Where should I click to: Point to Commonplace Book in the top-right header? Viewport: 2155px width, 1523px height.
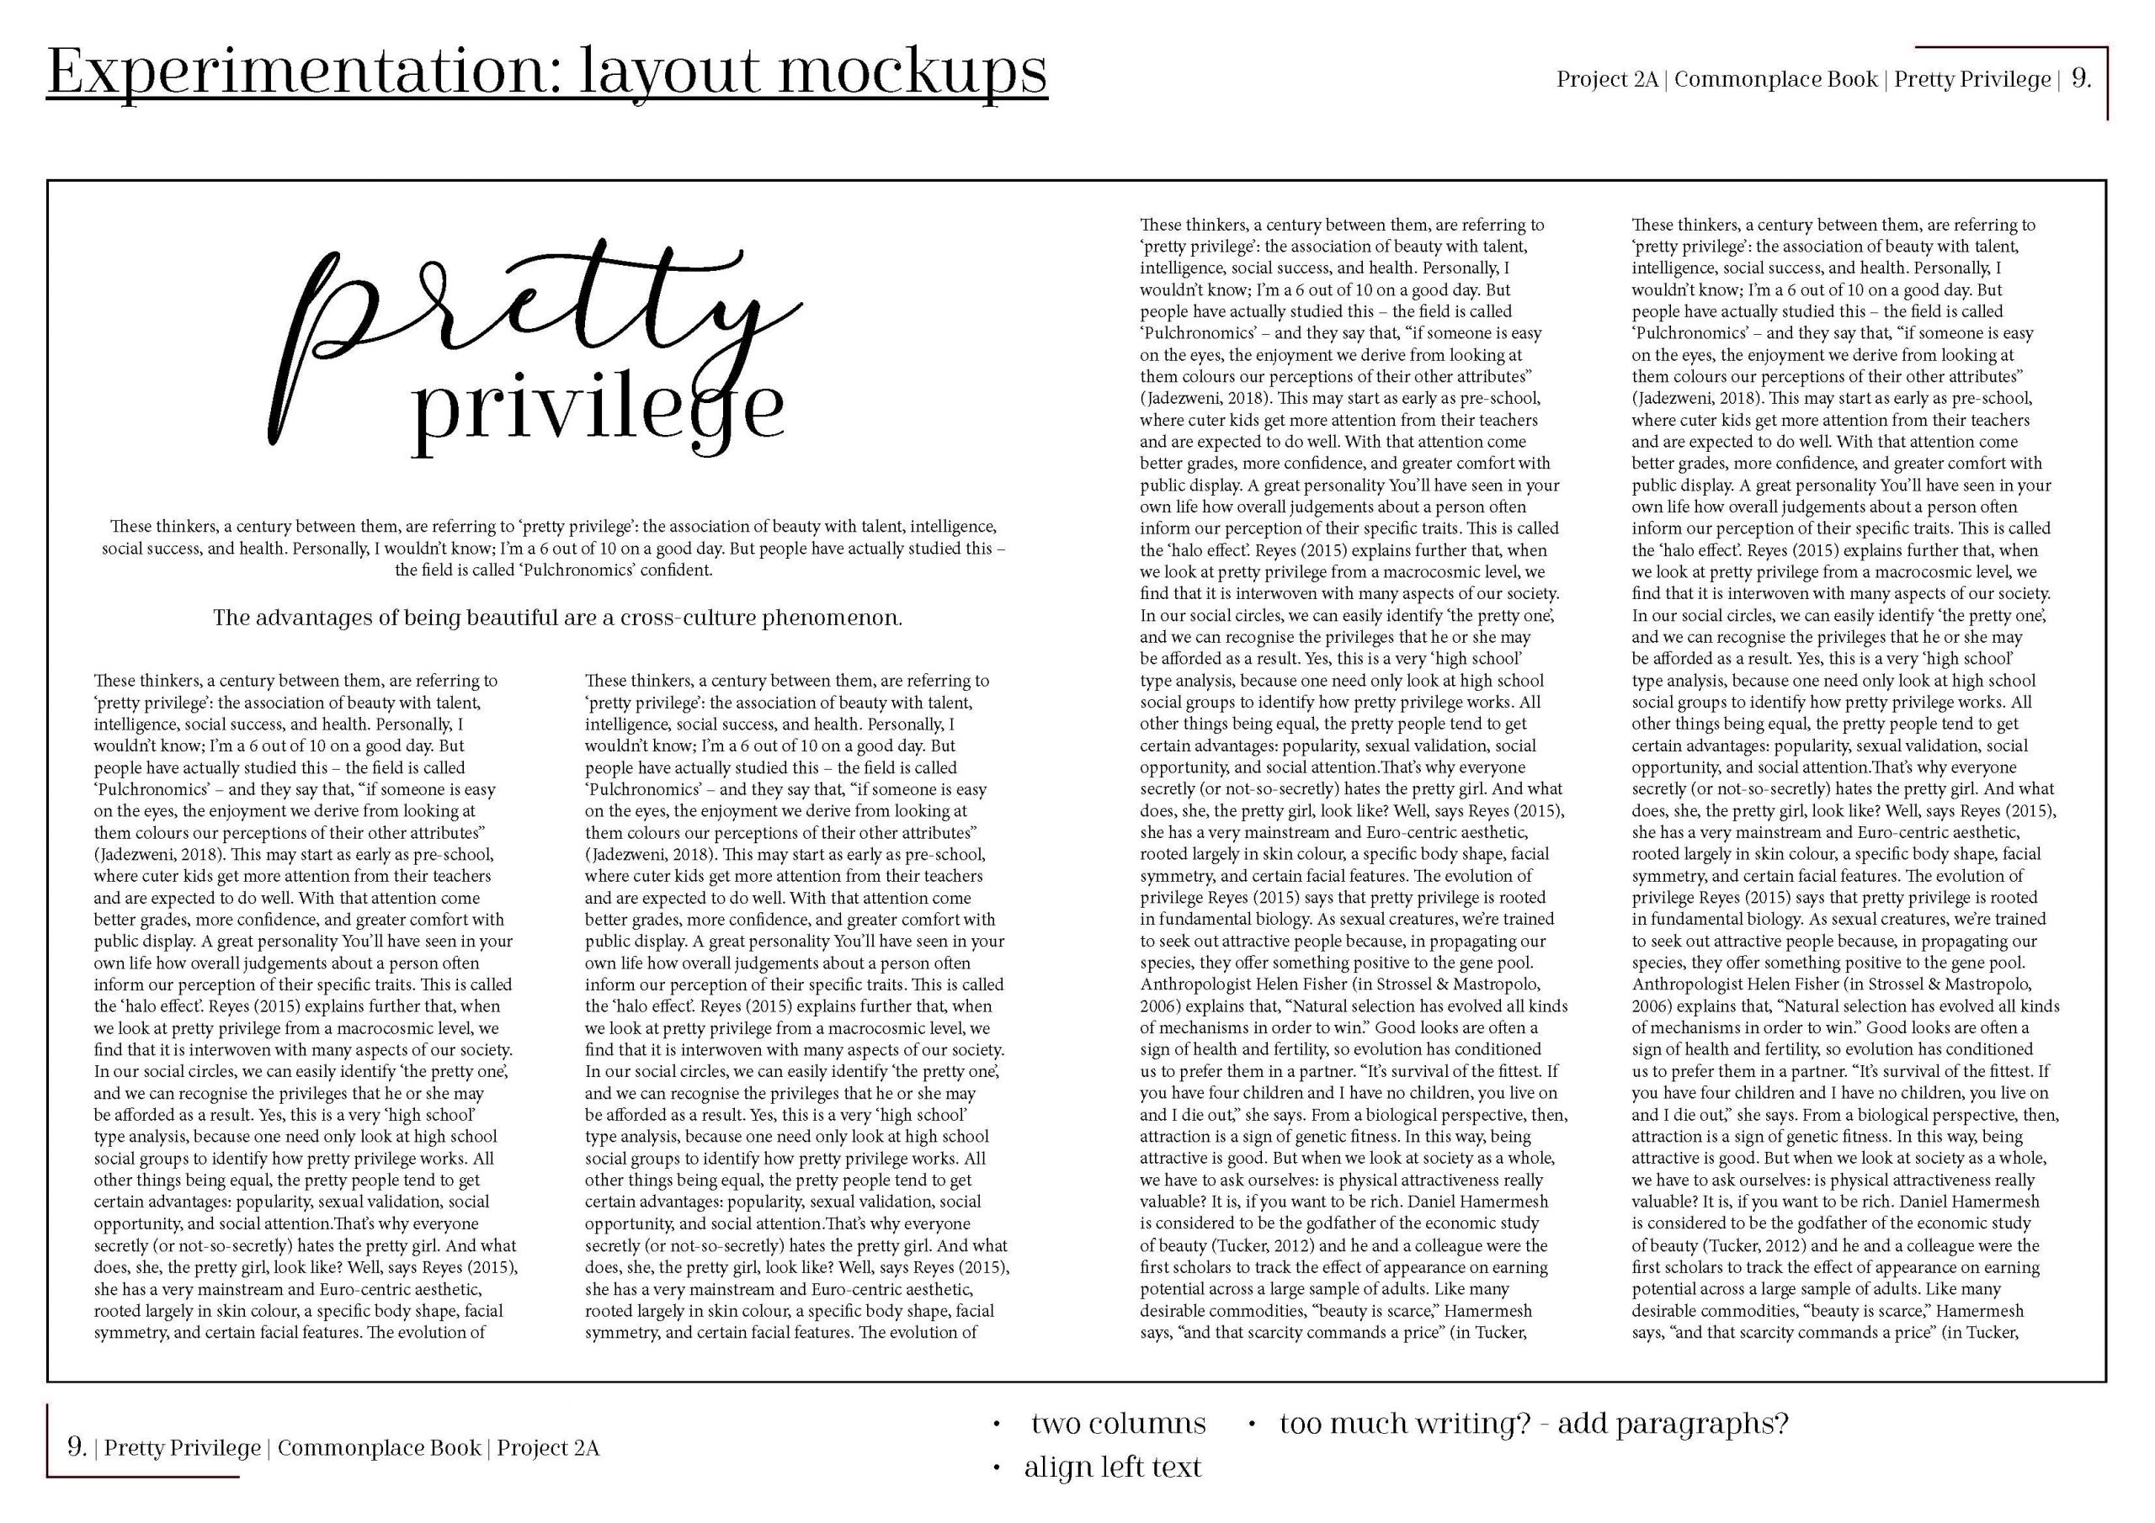pos(1776,80)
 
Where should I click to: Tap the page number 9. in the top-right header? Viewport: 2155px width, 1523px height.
pos(2081,80)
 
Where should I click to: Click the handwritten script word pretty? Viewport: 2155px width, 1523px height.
pos(545,315)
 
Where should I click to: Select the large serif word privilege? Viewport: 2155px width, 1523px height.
pos(598,411)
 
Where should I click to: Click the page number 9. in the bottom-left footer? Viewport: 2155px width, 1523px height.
pos(76,1448)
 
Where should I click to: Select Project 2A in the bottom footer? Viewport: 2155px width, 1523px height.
pos(548,1448)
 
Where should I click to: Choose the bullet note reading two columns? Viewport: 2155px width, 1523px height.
pos(1118,1424)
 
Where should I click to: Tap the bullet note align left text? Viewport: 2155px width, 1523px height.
pos(1112,1467)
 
